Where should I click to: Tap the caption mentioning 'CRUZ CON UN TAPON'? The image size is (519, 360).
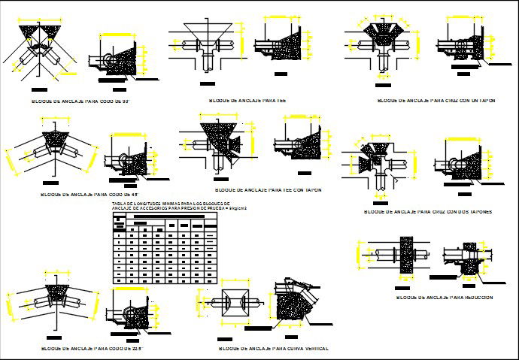(436, 99)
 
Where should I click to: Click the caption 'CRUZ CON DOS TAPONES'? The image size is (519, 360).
(428, 212)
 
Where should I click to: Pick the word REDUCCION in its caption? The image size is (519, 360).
(475, 298)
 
